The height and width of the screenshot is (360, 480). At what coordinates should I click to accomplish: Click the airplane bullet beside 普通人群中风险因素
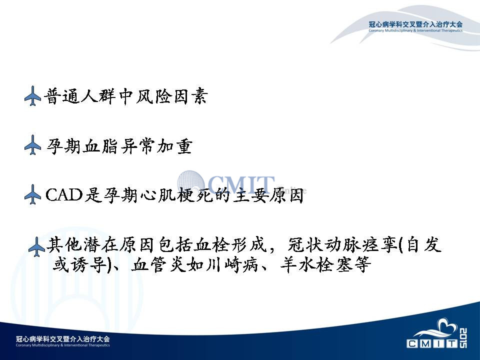click(x=33, y=96)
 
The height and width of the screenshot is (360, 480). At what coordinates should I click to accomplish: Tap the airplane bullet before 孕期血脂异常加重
click(x=33, y=145)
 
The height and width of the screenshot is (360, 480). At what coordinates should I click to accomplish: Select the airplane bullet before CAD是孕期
click(x=33, y=194)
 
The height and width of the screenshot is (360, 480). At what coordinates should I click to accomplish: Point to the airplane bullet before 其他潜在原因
click(x=36, y=246)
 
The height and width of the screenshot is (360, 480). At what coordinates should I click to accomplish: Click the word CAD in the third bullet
click(x=64, y=194)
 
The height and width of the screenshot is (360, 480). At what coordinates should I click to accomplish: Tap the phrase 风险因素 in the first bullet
click(x=172, y=96)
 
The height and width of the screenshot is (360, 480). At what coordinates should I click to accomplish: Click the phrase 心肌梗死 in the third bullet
click(x=176, y=194)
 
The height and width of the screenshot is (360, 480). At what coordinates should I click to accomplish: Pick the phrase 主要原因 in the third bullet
click(x=268, y=194)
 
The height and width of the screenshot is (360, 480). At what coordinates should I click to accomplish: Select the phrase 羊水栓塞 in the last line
click(x=317, y=264)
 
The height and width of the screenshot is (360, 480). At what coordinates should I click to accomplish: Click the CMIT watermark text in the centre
click(x=241, y=184)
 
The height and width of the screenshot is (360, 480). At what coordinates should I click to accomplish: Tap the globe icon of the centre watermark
click(x=190, y=183)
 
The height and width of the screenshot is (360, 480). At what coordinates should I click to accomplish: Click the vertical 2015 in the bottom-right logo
click(x=463, y=338)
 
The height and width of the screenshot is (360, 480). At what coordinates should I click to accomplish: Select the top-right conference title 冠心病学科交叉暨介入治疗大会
click(x=415, y=24)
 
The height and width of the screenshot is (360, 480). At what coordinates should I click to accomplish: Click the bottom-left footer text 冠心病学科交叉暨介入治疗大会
click(x=63, y=339)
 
